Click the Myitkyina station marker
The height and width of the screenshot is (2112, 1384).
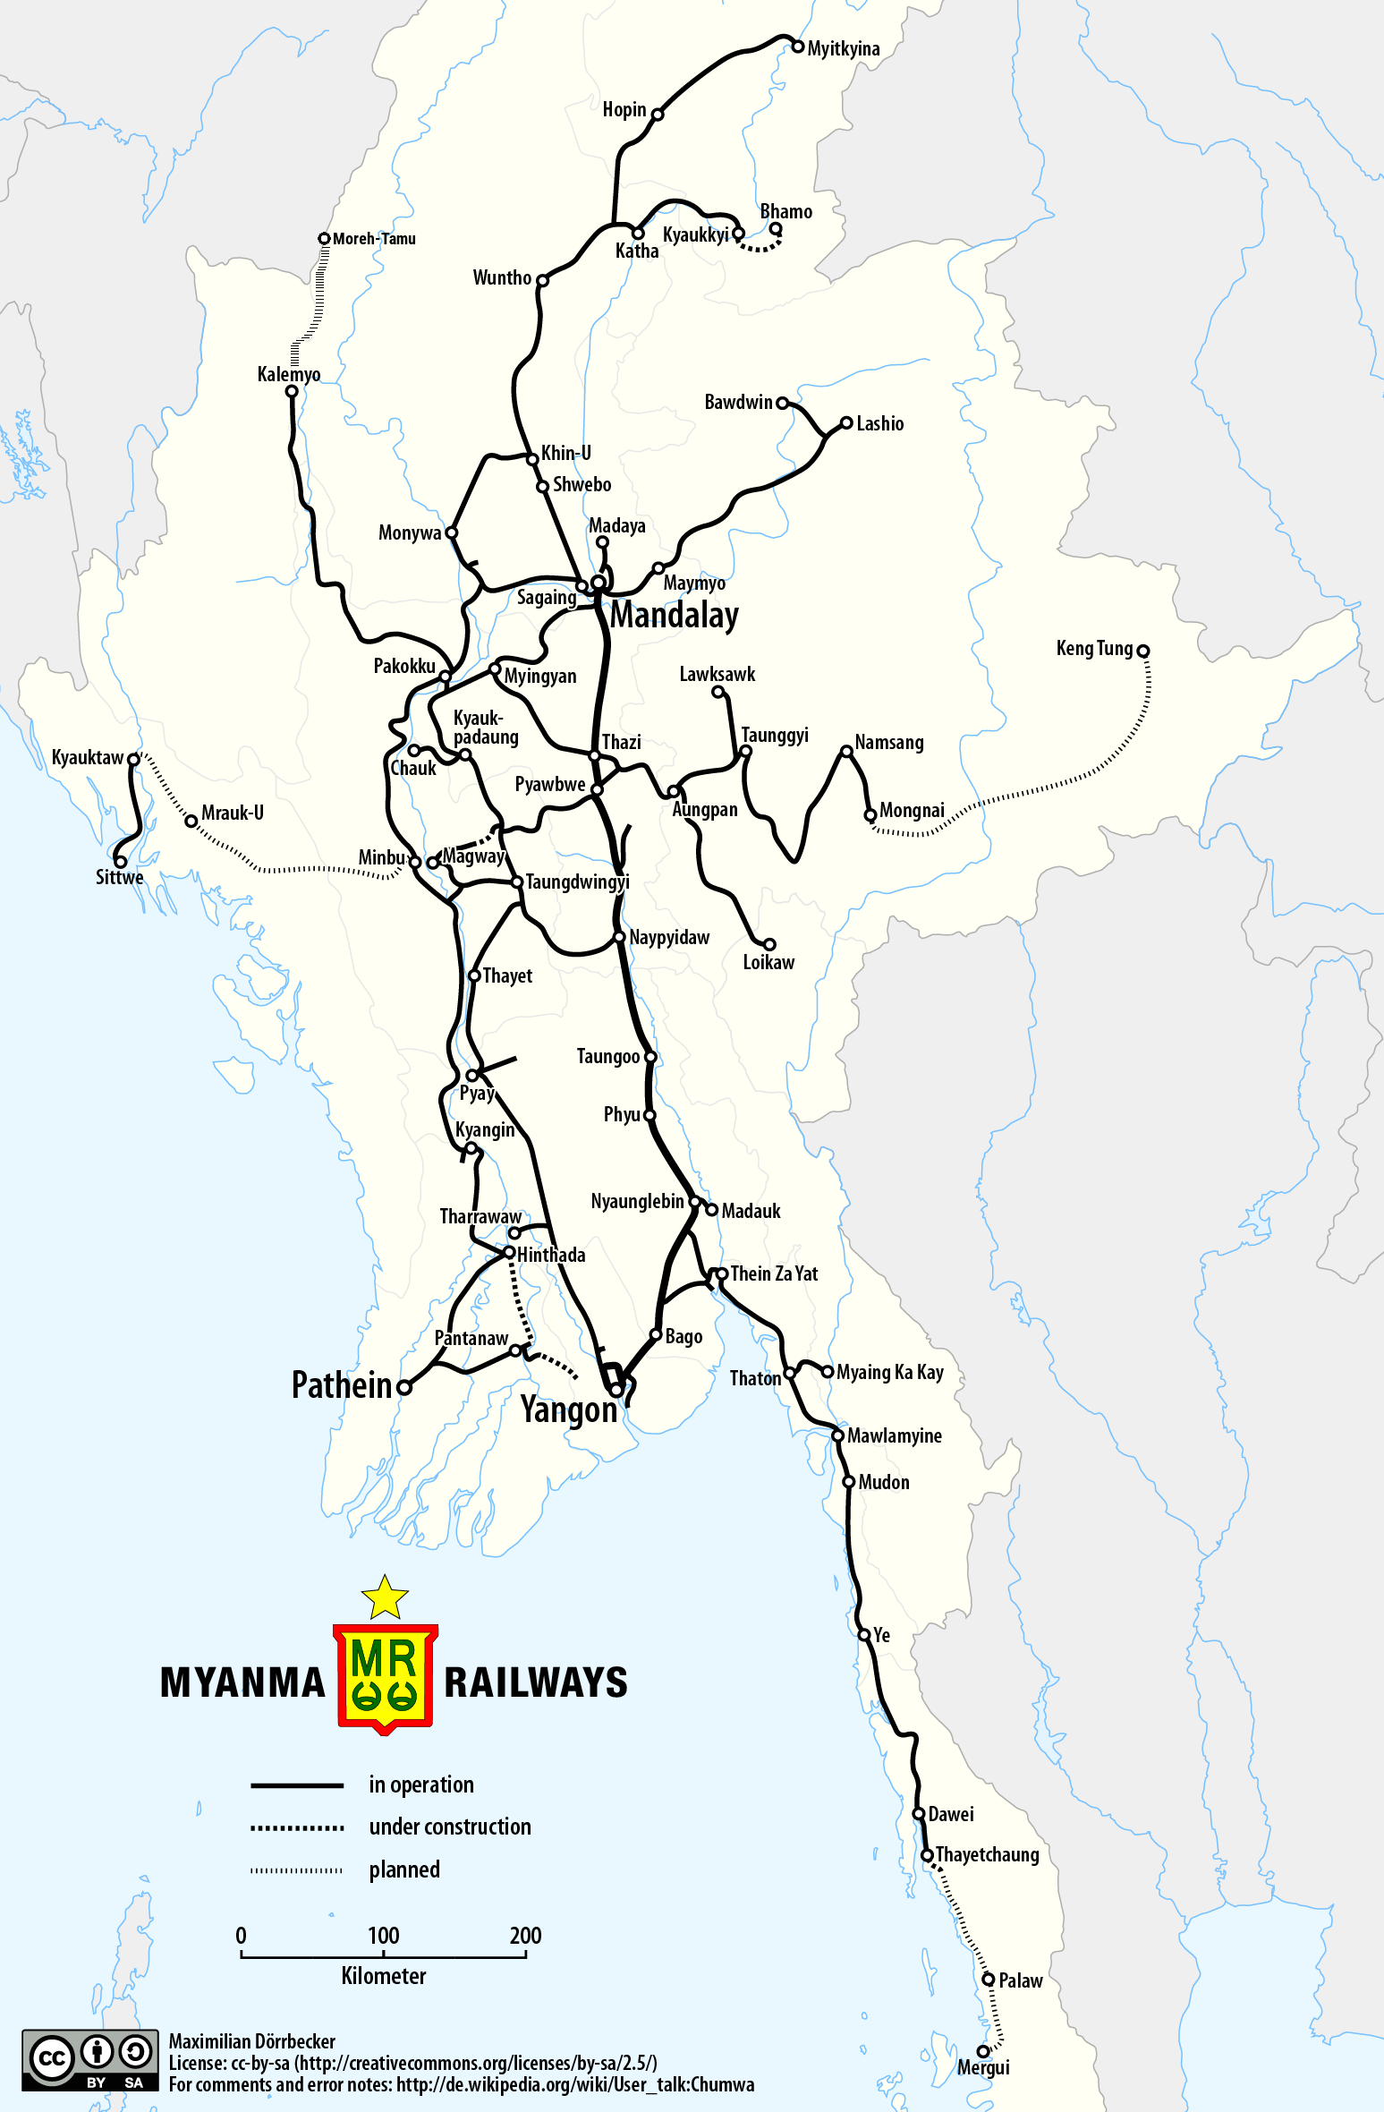click(x=798, y=47)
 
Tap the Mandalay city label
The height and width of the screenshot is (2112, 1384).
click(x=675, y=616)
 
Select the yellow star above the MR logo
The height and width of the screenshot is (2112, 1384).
click(x=385, y=1598)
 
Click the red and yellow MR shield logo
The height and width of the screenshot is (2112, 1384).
click(x=385, y=1677)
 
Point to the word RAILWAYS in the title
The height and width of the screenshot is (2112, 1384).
click(x=536, y=1682)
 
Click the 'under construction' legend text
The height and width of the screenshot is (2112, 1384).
click(x=450, y=1827)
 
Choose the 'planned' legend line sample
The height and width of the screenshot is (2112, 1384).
click(x=297, y=1870)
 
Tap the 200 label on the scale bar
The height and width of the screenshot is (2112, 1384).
click(x=525, y=1936)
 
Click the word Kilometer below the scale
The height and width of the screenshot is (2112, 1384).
click(x=383, y=1976)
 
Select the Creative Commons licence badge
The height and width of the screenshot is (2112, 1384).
click(x=90, y=2060)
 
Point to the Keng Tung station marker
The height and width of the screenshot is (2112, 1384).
click(x=1142, y=651)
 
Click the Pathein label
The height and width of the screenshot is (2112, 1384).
click(x=342, y=1385)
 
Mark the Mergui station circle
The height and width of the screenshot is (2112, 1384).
click(x=983, y=2051)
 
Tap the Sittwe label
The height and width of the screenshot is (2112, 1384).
click(x=119, y=878)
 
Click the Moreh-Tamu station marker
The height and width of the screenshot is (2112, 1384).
click(x=325, y=239)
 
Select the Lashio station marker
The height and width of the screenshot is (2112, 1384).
click(x=846, y=423)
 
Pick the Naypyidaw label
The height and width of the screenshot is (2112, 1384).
click(x=669, y=938)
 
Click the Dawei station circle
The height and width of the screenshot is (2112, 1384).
click(x=919, y=1814)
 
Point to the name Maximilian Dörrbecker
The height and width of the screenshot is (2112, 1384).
click(x=252, y=2041)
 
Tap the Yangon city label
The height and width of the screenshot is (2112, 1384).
click(x=569, y=1410)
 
